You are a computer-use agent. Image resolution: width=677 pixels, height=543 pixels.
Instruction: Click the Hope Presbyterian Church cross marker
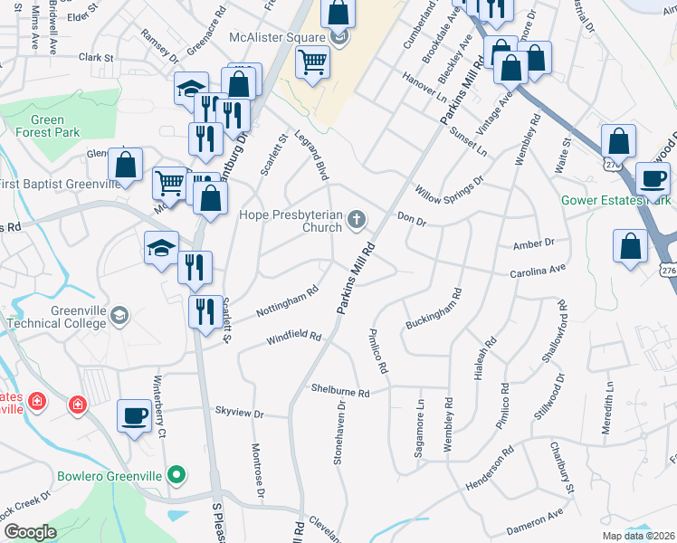pos(358,218)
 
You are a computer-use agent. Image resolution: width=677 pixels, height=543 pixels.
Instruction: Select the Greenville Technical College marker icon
pos(120,316)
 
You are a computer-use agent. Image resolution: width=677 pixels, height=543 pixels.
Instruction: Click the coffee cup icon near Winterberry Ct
pos(135,415)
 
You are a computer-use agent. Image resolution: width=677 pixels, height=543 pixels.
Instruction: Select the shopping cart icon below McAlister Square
pos(312,62)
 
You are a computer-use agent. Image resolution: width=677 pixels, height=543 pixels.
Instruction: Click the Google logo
pos(30,532)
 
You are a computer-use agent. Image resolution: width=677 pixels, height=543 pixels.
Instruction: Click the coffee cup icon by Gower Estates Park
pos(653,177)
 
